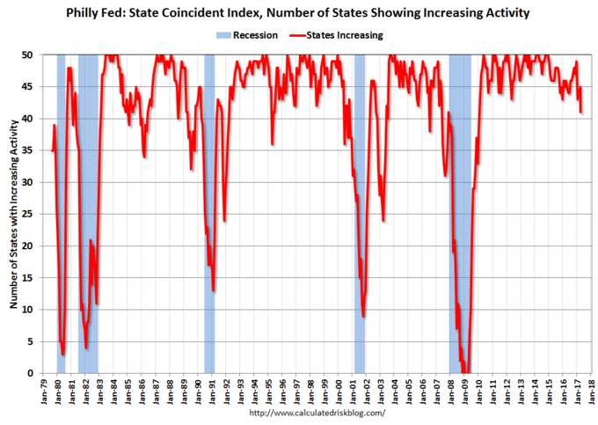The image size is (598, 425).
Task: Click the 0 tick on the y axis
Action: click(x=29, y=373)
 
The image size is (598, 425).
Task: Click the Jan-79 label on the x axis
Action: click(x=43, y=392)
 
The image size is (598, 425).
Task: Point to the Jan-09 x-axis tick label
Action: click(x=466, y=392)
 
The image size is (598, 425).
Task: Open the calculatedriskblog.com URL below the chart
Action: click(x=317, y=413)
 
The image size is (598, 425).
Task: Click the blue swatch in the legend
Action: click(x=224, y=35)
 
